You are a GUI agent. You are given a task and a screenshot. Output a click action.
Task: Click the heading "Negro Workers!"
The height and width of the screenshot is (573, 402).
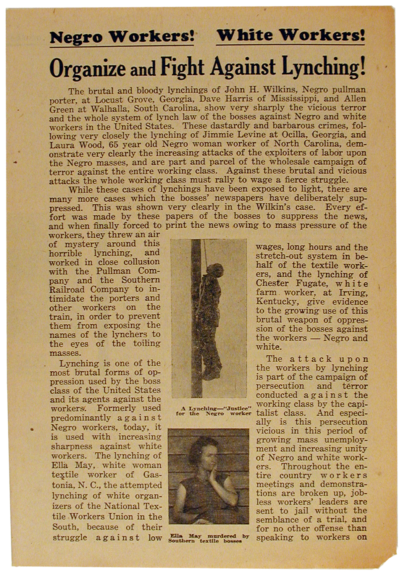121,37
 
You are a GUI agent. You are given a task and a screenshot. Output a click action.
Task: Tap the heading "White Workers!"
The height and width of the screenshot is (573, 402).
291,36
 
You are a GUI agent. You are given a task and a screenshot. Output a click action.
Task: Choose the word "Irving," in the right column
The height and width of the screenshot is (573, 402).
354,293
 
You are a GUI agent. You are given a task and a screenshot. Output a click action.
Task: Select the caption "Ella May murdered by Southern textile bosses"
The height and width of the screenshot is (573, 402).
208,538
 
